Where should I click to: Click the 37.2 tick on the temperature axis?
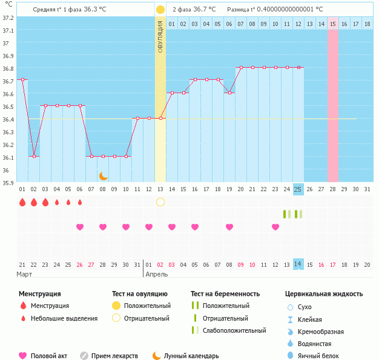click(8, 18)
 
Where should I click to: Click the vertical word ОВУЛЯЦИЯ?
click(160, 36)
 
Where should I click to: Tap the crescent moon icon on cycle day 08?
click(104, 175)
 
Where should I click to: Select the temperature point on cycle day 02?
click(34, 156)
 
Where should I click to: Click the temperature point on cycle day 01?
click(22, 80)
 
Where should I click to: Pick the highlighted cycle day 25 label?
click(298, 189)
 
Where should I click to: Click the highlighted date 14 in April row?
click(298, 264)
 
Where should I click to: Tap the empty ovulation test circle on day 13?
click(160, 201)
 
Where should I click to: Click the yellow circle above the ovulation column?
click(160, 10)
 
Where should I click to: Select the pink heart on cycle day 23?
click(275, 227)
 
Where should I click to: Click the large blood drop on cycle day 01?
click(22, 202)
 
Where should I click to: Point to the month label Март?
click(24, 274)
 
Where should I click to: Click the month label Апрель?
click(156, 274)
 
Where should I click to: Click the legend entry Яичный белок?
click(323, 356)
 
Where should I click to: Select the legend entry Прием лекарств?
click(114, 356)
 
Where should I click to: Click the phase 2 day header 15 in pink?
click(333, 24)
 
